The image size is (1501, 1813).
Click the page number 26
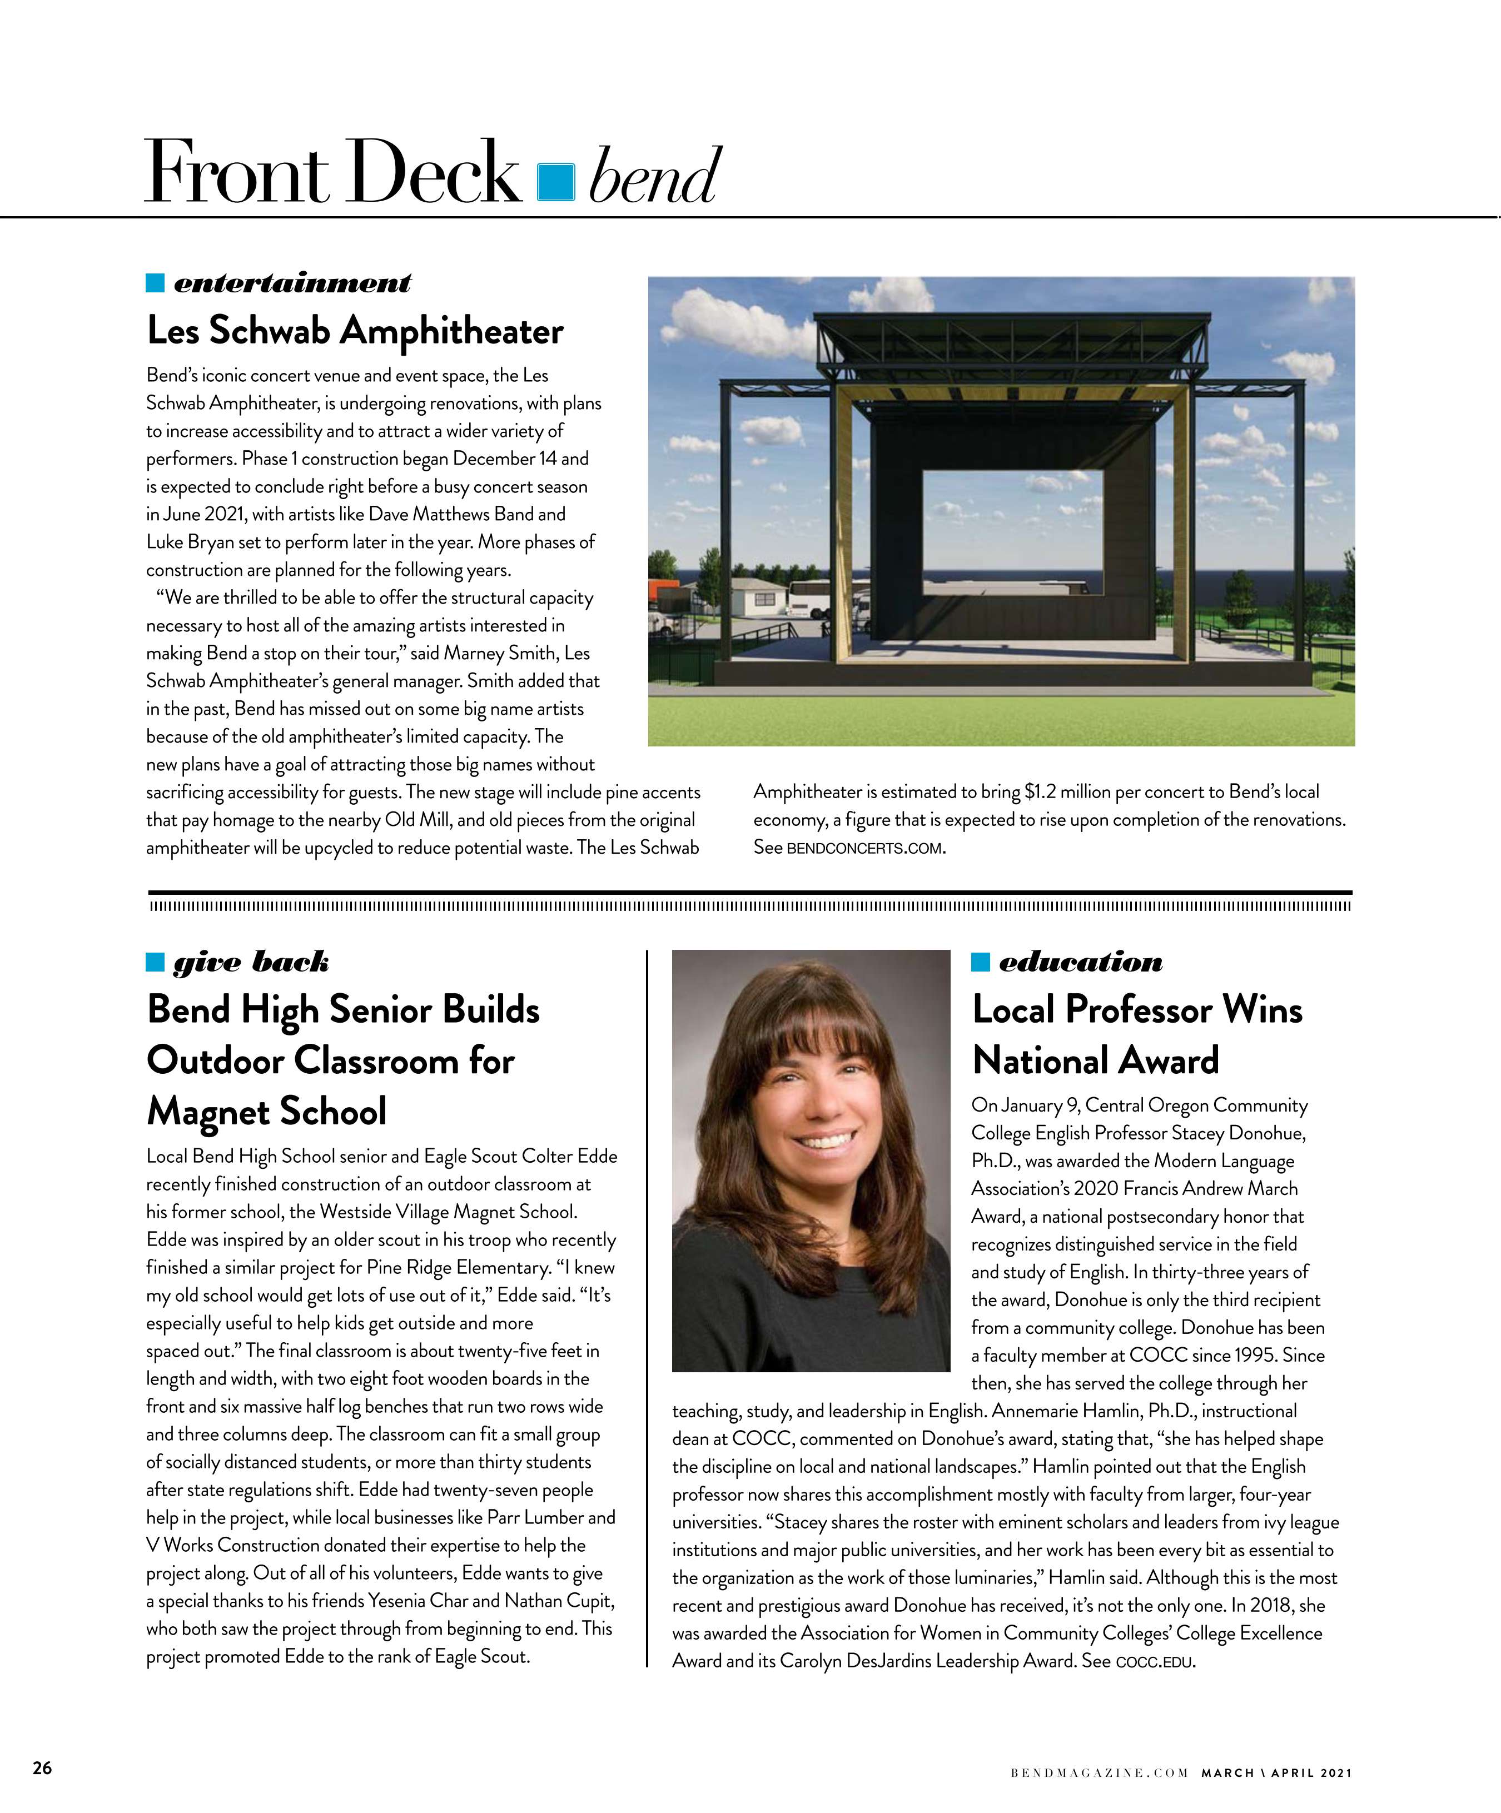pyautogui.click(x=42, y=1767)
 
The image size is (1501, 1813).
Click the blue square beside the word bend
pyautogui.click(x=555, y=181)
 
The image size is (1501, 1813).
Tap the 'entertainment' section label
pyautogui.click(x=292, y=283)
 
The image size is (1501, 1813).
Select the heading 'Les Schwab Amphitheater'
pyautogui.click(x=355, y=331)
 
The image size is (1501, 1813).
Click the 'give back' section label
pyautogui.click(x=251, y=962)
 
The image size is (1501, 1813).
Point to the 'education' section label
pyautogui.click(x=1080, y=962)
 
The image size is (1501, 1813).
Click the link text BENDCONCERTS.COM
pyautogui.click(x=864, y=849)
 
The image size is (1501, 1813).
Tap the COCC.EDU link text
pyautogui.click(x=1155, y=1662)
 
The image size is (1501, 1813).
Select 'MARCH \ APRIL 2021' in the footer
pyautogui.click(x=1276, y=1774)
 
